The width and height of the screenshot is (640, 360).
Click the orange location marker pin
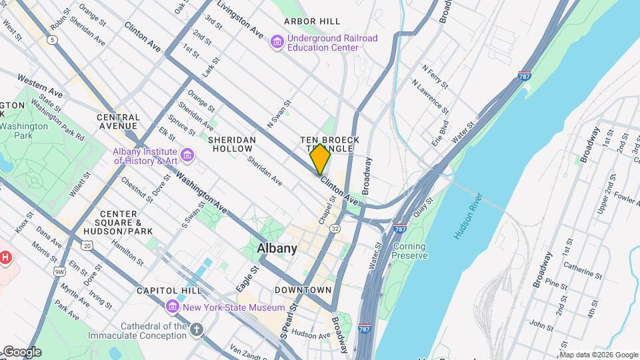tap(320, 159)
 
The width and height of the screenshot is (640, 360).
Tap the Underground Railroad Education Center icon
tap(277, 43)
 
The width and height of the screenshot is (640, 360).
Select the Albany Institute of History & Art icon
tap(187, 155)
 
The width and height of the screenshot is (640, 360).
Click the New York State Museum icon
tap(173, 307)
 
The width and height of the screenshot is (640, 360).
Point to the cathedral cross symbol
tap(196, 329)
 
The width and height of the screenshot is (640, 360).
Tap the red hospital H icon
tap(5, 257)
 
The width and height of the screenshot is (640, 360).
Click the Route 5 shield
tap(51, 40)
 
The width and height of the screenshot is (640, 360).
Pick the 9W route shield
tap(59, 271)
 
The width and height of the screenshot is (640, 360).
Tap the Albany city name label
tap(277, 248)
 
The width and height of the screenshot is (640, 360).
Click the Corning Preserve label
tap(409, 251)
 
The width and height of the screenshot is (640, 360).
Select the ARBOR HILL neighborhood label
tap(311, 21)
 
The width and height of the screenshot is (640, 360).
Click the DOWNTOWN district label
tap(303, 290)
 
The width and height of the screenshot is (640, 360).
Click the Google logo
tap(21, 352)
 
